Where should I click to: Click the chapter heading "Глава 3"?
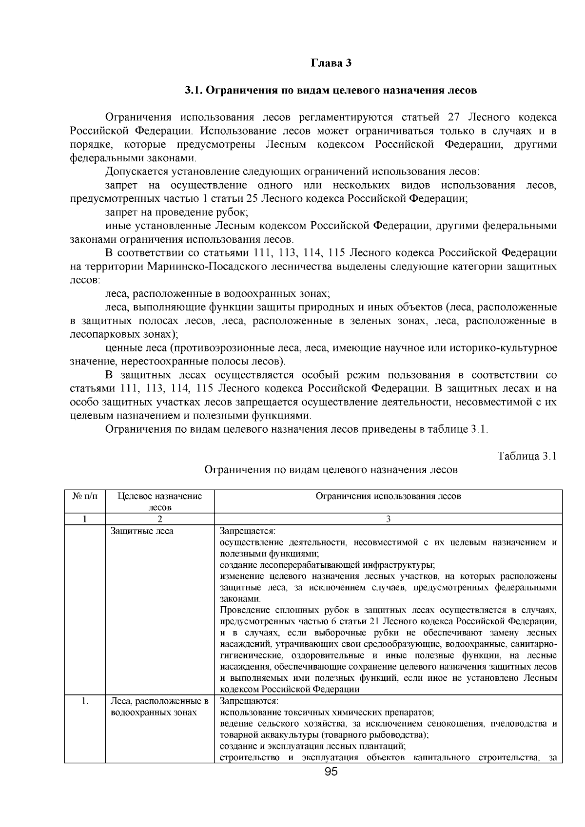331,63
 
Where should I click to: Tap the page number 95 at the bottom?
331,771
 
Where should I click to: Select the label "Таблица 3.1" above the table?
526,456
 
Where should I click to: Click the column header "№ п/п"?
84,497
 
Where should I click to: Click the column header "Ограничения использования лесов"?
388,497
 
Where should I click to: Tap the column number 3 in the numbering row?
388,519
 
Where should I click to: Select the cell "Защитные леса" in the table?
142,531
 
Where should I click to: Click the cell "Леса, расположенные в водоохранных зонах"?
159,707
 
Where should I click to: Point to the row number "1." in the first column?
85,702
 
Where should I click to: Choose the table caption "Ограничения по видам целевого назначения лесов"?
331,470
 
